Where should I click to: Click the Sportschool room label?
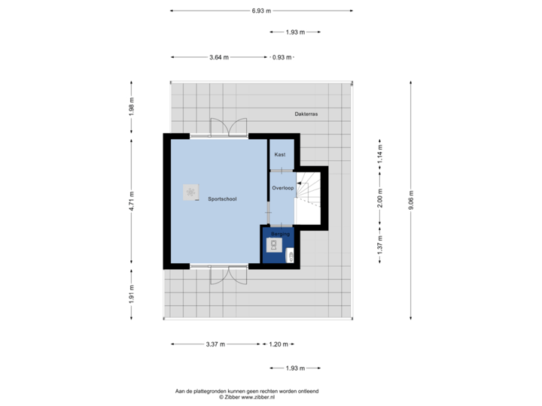coord(222,199)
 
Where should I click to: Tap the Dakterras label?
coord(306,114)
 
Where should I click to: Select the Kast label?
coord(279,154)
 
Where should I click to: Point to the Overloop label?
coord(282,188)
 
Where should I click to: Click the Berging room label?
coord(280,235)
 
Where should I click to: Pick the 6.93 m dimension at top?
coord(262,11)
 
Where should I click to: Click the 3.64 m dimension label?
coord(220,57)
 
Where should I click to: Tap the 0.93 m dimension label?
coord(282,57)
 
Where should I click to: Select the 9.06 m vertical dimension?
coord(410,200)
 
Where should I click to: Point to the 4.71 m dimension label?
coord(131,200)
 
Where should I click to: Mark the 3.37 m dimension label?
coord(215,344)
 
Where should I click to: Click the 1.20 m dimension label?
coord(278,344)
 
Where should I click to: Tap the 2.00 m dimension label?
coord(379,198)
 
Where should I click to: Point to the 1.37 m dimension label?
coord(379,244)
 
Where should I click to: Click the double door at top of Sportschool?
coord(227,128)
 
